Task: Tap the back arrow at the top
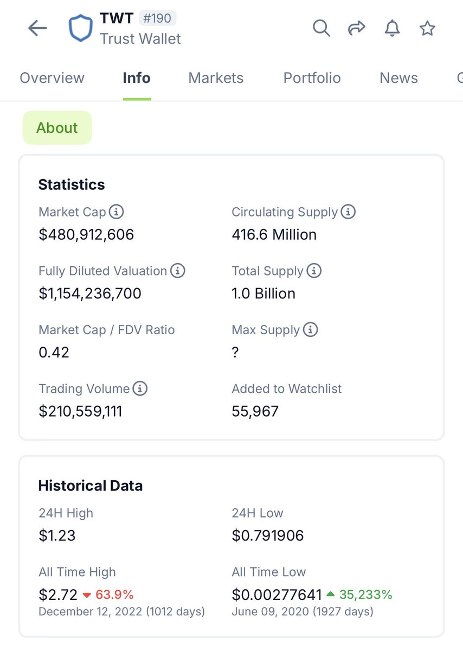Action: click(37, 28)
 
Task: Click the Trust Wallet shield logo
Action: click(81, 28)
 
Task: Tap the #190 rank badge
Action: click(158, 18)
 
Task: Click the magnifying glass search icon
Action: click(321, 28)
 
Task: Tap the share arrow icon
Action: click(356, 28)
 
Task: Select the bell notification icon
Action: click(392, 28)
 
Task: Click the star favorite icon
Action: click(427, 28)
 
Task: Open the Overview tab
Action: click(52, 78)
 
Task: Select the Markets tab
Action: click(216, 78)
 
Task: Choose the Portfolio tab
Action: click(312, 78)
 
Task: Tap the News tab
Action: click(398, 78)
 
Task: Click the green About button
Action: click(57, 128)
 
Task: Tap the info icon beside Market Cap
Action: click(115, 212)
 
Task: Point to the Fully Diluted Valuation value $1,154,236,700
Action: click(90, 293)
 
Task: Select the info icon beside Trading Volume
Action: click(140, 388)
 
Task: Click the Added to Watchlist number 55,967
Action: click(255, 411)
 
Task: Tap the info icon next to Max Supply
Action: click(311, 329)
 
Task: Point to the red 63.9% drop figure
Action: click(114, 595)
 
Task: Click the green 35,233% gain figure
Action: click(365, 595)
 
